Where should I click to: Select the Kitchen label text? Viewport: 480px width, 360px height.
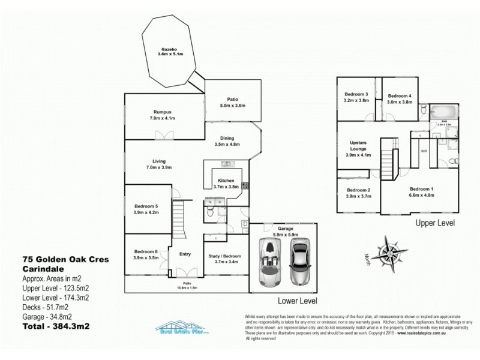click(226, 181)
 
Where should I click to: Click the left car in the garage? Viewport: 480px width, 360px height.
click(267, 263)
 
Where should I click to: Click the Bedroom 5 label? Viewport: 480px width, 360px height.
click(145, 206)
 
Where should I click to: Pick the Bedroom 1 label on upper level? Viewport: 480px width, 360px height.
click(421, 189)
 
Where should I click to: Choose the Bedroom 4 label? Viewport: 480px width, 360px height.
click(399, 96)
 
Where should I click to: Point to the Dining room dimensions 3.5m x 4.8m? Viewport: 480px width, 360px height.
click(227, 145)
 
